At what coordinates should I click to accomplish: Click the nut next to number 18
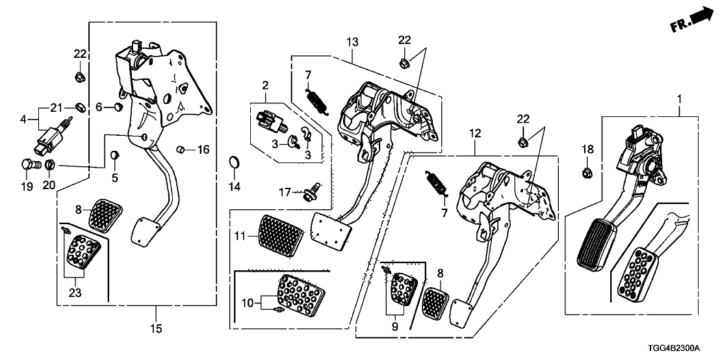coord(585,172)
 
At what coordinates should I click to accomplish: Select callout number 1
coord(680,100)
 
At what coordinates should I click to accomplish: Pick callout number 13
coord(352,42)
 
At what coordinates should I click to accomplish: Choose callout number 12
coord(475,133)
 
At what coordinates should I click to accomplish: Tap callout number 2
coord(265,84)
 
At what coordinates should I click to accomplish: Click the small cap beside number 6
coord(118,106)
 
